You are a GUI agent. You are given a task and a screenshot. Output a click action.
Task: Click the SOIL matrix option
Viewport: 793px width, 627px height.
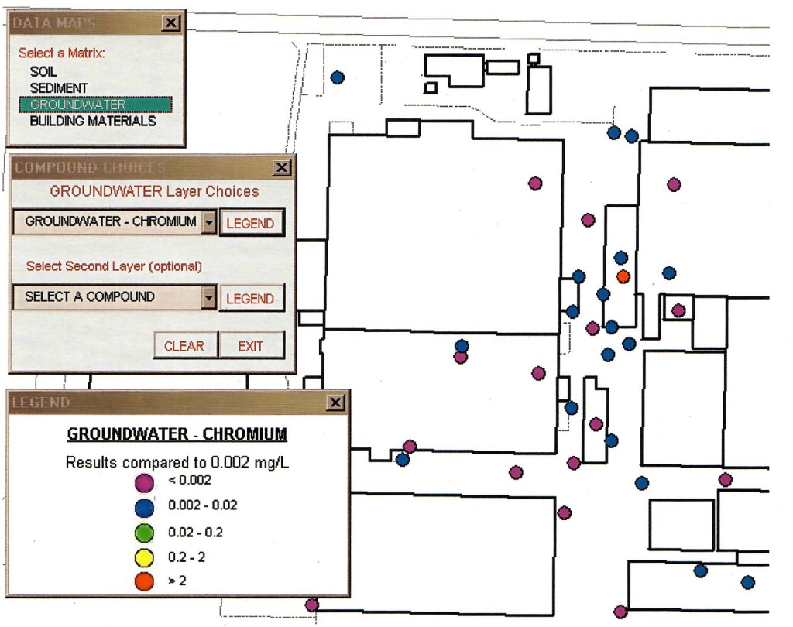tap(43, 71)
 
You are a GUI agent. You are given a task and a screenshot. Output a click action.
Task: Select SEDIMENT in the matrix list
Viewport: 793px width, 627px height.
tap(59, 88)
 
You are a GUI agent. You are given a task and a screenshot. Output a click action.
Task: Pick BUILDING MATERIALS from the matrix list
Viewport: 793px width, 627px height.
tap(93, 122)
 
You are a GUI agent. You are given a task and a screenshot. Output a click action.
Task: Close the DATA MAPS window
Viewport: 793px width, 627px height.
tap(171, 23)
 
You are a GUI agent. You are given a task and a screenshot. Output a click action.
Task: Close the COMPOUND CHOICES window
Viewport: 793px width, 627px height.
tap(283, 167)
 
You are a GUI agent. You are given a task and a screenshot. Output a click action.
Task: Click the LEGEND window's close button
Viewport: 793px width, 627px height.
tap(335, 403)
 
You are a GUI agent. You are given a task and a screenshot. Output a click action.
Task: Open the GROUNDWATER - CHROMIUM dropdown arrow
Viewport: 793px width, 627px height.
tap(208, 222)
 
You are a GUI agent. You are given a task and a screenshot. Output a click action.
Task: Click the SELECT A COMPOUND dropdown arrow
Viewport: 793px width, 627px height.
tap(208, 297)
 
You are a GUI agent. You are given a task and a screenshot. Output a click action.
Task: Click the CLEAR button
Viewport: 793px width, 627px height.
tap(184, 346)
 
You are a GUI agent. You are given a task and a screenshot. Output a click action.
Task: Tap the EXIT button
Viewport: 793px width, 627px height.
tap(251, 346)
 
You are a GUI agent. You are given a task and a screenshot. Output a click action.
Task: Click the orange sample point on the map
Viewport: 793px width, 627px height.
tap(623, 276)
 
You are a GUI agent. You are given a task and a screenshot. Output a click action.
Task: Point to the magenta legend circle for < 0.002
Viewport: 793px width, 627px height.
tap(143, 481)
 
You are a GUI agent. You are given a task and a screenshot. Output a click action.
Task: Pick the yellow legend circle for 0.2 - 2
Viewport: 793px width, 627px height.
tap(143, 557)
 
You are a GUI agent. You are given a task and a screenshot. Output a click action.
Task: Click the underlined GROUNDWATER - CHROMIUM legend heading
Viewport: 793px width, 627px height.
tap(177, 433)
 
